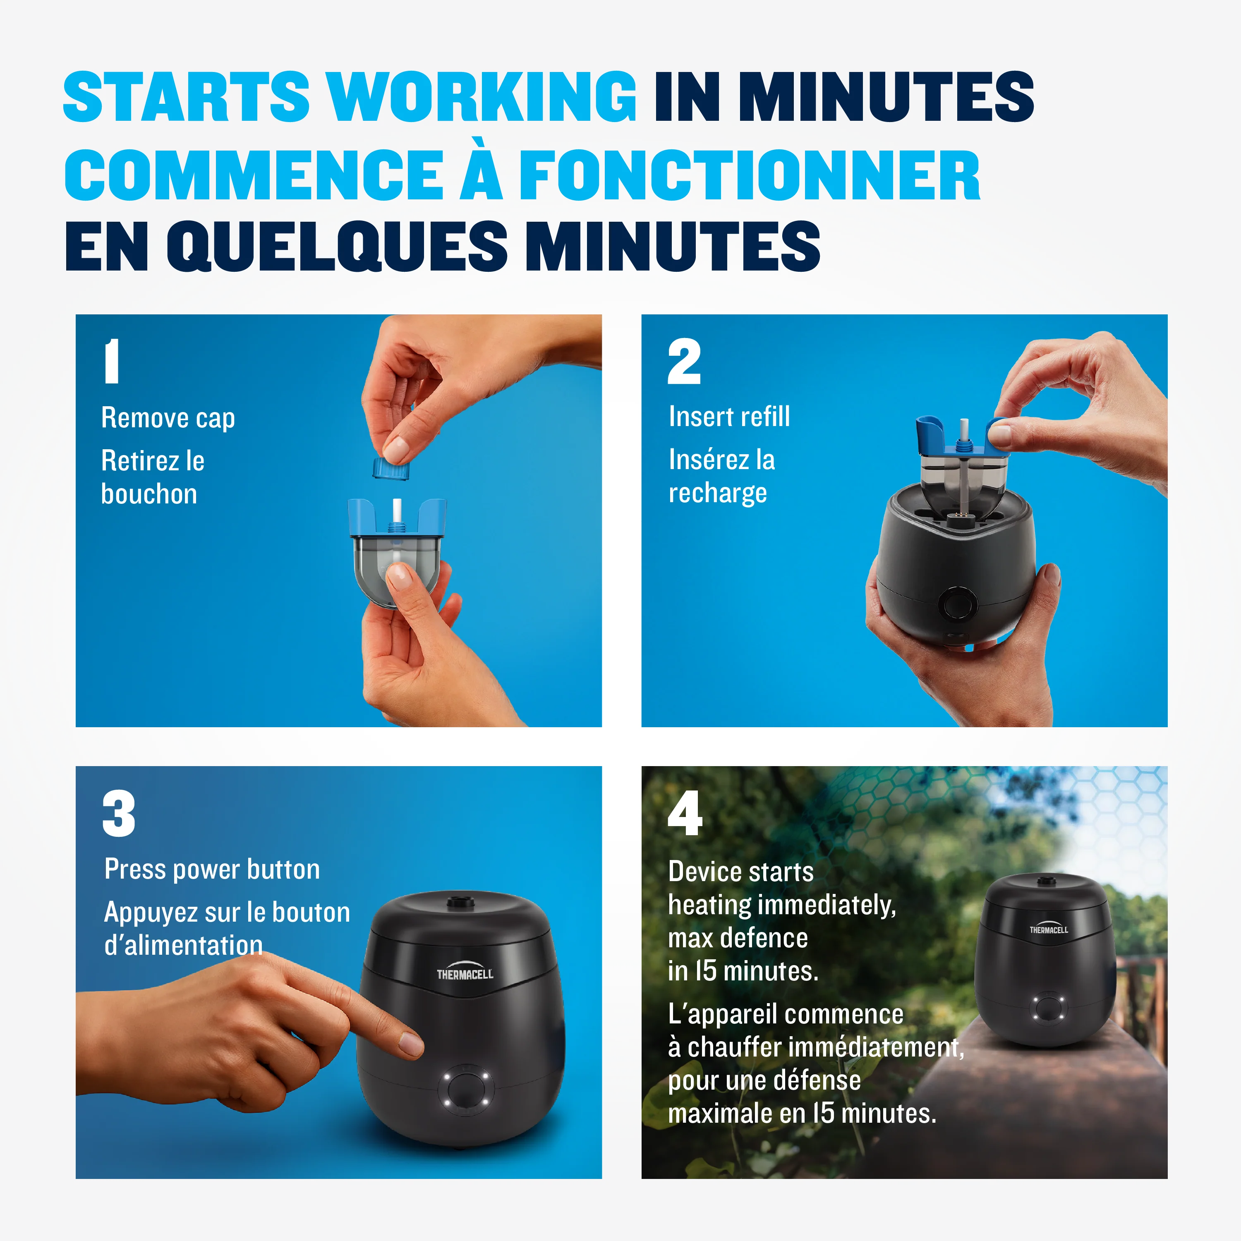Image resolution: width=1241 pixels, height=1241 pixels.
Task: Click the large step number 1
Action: (x=112, y=361)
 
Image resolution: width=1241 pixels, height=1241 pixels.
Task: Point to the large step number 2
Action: (x=684, y=361)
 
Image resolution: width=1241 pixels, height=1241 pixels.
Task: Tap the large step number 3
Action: (x=119, y=813)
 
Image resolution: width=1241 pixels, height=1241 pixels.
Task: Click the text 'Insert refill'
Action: (x=729, y=416)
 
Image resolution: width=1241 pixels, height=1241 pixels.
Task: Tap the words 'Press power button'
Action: (x=212, y=869)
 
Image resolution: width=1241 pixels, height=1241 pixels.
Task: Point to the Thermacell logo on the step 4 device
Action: (x=1048, y=928)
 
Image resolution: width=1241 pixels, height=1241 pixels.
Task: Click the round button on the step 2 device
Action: (x=957, y=604)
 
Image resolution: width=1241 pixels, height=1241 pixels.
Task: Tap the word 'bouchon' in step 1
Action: (x=149, y=494)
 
